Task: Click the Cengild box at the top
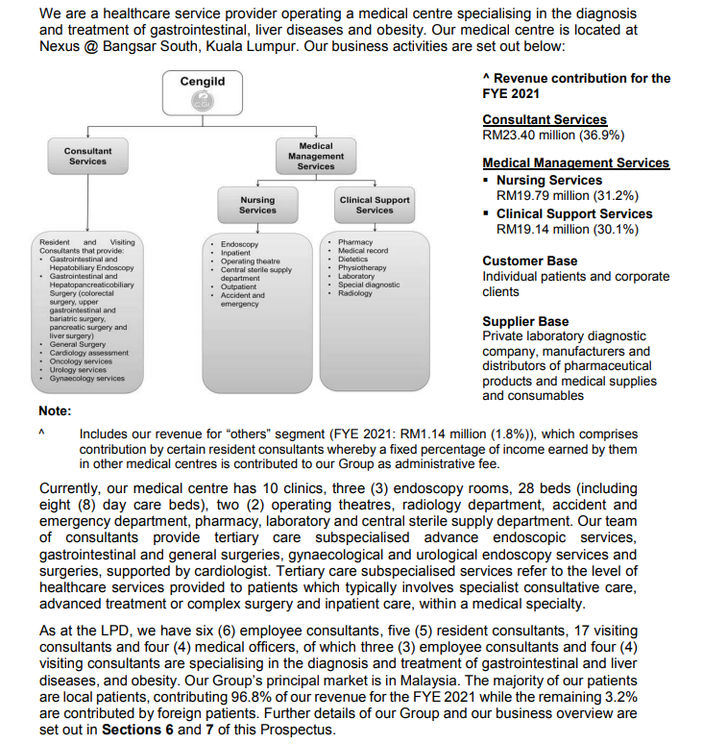click(203, 91)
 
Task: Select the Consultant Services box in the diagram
click(87, 156)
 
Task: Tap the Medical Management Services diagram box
click(315, 156)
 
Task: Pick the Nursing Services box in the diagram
click(257, 205)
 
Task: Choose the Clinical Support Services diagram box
click(374, 205)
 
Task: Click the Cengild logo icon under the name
click(203, 102)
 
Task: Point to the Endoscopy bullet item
click(239, 245)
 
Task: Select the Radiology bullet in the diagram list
click(355, 293)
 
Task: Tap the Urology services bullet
click(79, 370)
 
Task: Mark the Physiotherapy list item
click(362, 268)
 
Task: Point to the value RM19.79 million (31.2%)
click(568, 195)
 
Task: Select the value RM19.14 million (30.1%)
click(568, 230)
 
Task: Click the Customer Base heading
click(530, 260)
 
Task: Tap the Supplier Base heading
click(525, 321)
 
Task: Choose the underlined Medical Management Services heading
click(575, 163)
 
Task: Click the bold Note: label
click(55, 410)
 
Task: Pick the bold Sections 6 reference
click(141, 729)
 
